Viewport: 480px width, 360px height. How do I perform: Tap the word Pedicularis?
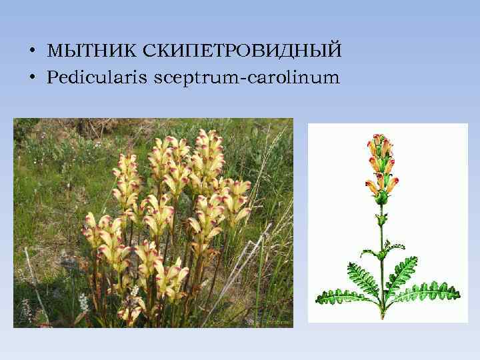point(98,78)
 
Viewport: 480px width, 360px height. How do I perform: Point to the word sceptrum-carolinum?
point(247,79)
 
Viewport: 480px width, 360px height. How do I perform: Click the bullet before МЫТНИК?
point(31,51)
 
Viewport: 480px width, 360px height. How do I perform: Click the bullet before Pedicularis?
point(31,79)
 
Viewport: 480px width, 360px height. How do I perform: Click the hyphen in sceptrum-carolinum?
point(243,79)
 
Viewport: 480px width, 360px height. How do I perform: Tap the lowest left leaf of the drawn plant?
point(343,295)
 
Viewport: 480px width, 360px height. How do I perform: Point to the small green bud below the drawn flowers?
point(382,197)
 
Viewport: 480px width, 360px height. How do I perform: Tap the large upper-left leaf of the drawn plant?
point(363,275)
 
